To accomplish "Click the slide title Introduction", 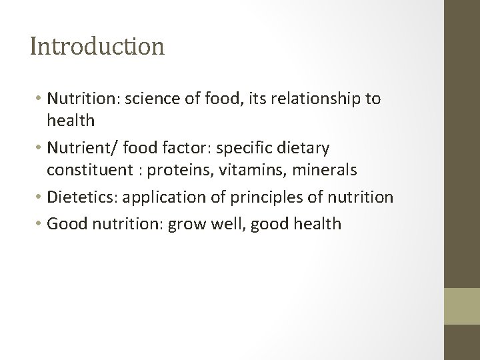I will pyautogui.click(x=97, y=47).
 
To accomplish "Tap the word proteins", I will pyautogui.click(x=175, y=171).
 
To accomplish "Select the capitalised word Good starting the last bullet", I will pyautogui.click(x=65, y=223).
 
